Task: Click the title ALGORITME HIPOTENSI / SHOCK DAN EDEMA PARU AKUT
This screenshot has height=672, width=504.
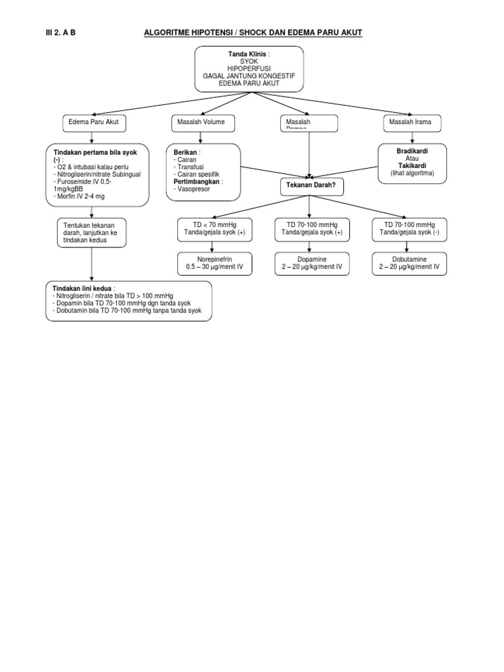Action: [253, 33]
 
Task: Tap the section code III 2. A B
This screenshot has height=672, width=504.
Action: [61, 33]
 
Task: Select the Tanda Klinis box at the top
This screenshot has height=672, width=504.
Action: [249, 68]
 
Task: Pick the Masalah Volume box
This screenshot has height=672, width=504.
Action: [201, 122]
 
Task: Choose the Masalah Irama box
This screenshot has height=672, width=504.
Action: [412, 122]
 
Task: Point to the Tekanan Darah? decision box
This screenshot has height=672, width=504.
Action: [308, 186]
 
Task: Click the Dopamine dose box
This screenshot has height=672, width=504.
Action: [308, 263]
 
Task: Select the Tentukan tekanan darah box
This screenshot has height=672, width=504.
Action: [93, 233]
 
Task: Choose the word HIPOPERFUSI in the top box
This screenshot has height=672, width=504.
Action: [249, 68]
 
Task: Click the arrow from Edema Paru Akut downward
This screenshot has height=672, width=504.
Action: [92, 137]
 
